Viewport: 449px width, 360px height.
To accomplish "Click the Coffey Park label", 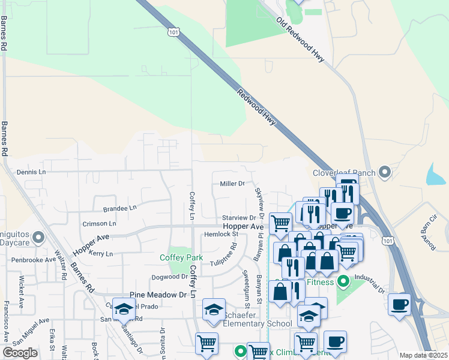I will pos(181,257).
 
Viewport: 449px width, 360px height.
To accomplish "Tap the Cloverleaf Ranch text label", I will pos(343,173).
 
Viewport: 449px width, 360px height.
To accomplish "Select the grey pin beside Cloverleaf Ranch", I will pos(385,173).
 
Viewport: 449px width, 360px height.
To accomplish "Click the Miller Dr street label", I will pos(232,184).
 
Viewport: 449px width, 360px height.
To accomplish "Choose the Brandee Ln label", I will pos(119,209).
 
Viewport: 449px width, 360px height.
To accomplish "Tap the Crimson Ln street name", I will pos(100,223).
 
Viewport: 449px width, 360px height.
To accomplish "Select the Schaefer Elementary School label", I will pos(258,319).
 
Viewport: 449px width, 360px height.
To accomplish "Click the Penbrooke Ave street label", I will pos(34,260).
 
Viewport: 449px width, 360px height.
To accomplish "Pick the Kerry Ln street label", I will pos(101,254).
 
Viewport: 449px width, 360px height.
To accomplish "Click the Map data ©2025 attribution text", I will pos(423,355).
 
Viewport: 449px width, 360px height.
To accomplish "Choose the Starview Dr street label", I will pos(239,217).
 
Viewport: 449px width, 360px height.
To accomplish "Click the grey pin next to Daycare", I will pos(39,238).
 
